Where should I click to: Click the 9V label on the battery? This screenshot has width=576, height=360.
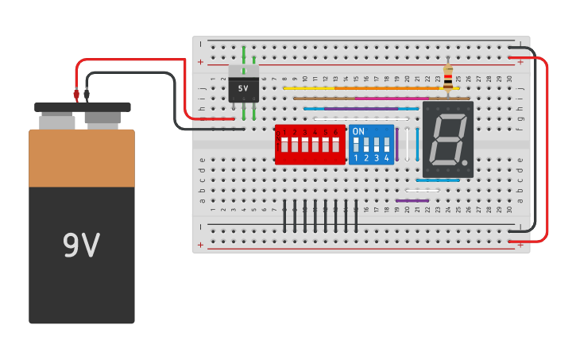81,246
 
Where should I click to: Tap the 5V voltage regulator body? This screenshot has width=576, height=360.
243,89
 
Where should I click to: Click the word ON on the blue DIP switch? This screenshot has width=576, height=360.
358,131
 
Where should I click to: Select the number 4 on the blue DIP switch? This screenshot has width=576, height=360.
387,158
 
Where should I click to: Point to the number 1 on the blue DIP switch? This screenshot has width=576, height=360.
356,158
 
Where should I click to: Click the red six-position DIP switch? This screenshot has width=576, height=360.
310,145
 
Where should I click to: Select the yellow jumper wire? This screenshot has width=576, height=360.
365,88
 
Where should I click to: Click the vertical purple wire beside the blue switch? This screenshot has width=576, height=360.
397,144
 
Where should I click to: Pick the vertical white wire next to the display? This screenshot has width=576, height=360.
408,144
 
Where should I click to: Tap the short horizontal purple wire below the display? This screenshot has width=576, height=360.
412,200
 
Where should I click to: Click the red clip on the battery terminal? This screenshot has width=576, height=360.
76,94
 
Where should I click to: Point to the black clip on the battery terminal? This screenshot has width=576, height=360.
87,94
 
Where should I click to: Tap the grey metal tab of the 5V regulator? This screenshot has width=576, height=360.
243,70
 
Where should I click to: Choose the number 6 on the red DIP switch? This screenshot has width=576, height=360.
336,132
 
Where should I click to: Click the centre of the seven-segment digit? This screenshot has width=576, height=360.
447,139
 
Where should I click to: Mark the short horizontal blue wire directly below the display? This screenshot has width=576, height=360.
437,180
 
